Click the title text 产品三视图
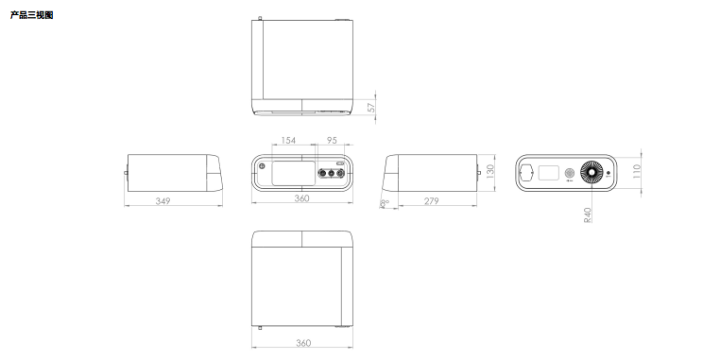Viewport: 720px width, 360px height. (32, 15)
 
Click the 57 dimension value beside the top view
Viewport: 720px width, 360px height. (371, 107)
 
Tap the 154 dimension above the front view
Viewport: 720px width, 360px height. (288, 140)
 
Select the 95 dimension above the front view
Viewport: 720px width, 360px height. (332, 140)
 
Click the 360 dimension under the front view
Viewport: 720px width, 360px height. (301, 198)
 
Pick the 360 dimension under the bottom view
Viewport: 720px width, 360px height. (302, 342)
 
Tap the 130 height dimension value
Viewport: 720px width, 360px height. (490, 171)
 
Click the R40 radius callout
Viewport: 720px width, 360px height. (588, 214)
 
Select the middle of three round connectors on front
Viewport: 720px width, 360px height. (332, 173)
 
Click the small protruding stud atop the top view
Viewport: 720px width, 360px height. (261, 18)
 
